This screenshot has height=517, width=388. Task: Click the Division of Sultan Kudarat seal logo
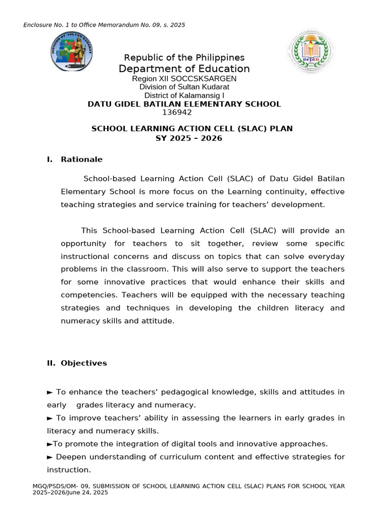(71, 51)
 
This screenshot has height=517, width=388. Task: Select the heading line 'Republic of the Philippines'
(184, 58)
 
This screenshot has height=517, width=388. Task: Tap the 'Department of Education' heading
(184, 69)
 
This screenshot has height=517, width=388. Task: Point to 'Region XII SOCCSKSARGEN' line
(184, 79)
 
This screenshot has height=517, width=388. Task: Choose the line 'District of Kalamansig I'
(184, 95)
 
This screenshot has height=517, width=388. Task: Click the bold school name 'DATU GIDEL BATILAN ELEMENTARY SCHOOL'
(184, 104)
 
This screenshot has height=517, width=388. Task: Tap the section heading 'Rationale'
(81, 160)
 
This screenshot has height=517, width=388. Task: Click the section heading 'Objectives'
(84, 363)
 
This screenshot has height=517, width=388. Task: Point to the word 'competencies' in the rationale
(84, 295)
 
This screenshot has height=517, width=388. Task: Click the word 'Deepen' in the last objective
(69, 457)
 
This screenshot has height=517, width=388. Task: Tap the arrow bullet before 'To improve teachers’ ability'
(50, 418)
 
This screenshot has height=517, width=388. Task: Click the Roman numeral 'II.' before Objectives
(52, 363)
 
